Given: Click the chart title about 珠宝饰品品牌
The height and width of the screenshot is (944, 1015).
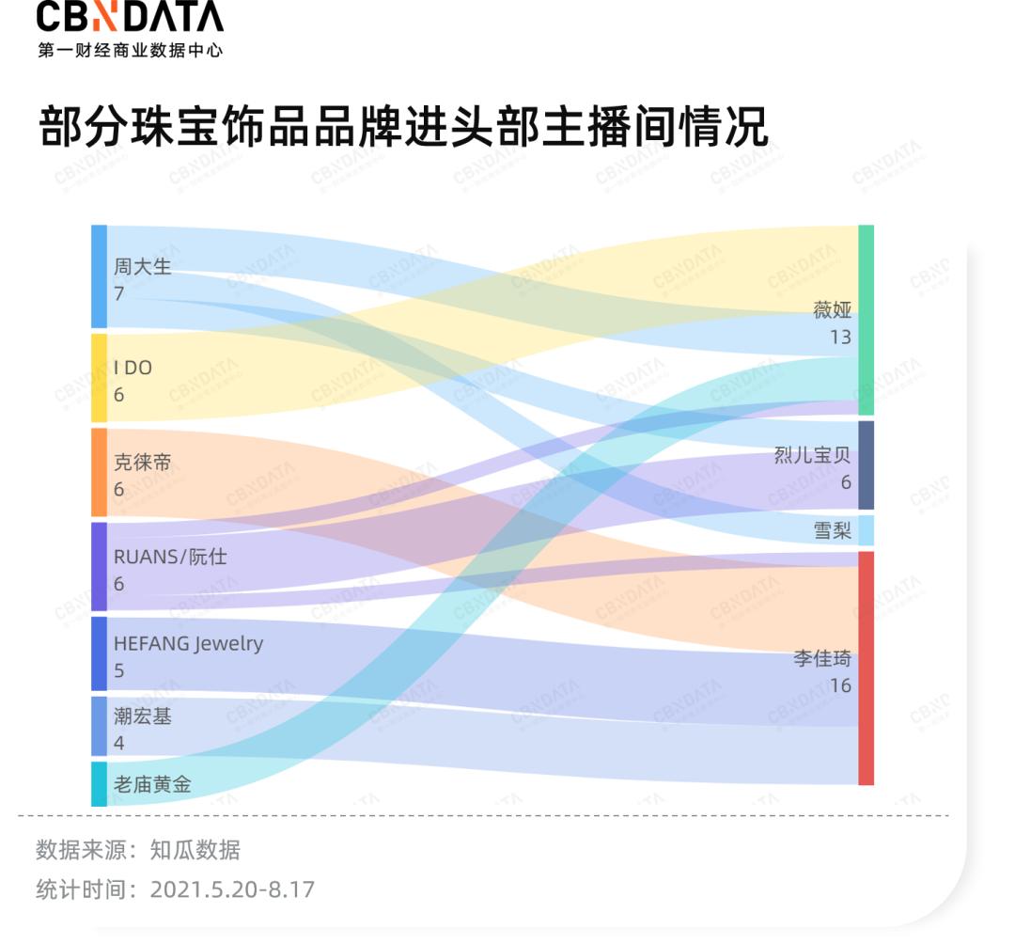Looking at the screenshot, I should pyautogui.click(x=403, y=129).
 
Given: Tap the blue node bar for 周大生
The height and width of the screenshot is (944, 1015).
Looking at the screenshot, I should pyautogui.click(x=99, y=276).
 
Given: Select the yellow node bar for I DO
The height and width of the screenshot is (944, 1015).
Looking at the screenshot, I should pyautogui.click(x=99, y=378).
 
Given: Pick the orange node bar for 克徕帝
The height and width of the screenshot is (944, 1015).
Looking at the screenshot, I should pyautogui.click(x=99, y=472).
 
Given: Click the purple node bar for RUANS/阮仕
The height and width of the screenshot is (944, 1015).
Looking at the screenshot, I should pyautogui.click(x=99, y=566).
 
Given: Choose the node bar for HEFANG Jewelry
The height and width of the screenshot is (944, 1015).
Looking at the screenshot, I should pyautogui.click(x=99, y=653).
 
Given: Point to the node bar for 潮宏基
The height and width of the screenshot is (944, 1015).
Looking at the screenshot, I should pyautogui.click(x=99, y=726).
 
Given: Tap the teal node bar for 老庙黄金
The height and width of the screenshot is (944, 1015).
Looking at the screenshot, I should pyautogui.click(x=99, y=784).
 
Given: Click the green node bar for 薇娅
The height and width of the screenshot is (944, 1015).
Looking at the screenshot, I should pyautogui.click(x=866, y=320).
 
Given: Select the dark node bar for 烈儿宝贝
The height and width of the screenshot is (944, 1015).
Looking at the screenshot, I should pyautogui.click(x=866, y=465).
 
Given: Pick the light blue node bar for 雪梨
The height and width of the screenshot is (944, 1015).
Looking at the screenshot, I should pyautogui.click(x=866, y=530).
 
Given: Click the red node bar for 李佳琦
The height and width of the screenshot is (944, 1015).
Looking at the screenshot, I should pyautogui.click(x=866, y=668).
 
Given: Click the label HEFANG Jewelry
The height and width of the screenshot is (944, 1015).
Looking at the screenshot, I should pyautogui.click(x=188, y=644).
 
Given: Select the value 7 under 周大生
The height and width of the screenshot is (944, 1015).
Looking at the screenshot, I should pyautogui.click(x=119, y=293).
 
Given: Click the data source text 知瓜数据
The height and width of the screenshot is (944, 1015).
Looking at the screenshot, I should pyautogui.click(x=195, y=851).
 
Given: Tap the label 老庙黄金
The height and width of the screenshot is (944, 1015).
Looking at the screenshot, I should pyautogui.click(x=152, y=784).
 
